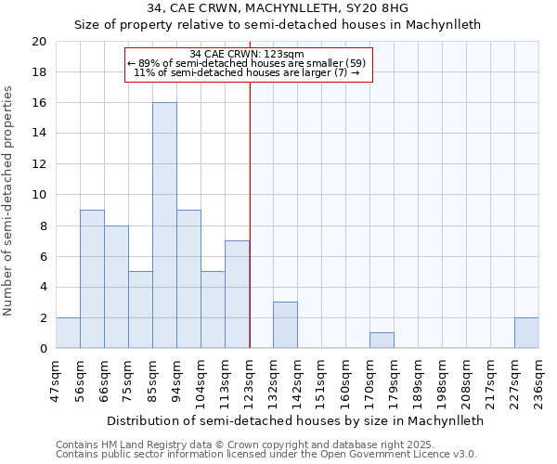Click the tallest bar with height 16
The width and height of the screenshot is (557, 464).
click(164, 226)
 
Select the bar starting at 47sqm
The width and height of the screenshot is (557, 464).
click(68, 333)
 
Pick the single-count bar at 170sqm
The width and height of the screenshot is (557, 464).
click(382, 341)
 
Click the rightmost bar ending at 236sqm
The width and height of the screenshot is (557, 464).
click(526, 333)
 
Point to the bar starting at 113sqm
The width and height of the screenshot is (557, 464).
click(237, 294)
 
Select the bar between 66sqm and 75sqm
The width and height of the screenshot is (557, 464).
click(116, 287)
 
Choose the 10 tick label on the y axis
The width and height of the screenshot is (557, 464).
click(38, 195)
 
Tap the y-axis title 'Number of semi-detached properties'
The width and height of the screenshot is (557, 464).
click(9, 200)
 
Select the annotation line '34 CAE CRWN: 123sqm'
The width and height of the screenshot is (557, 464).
click(247, 55)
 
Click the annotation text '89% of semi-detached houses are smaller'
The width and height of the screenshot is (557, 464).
click(247, 63)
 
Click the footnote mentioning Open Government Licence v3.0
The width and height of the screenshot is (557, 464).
click(266, 455)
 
